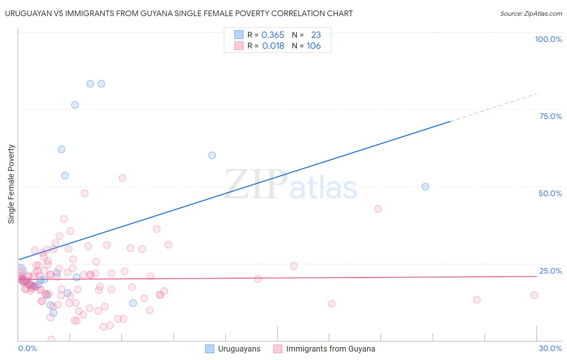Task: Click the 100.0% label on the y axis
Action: coord(548,39)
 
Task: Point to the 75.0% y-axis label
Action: coord(550,116)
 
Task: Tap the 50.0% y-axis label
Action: coord(550,193)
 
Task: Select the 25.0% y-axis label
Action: coord(550,271)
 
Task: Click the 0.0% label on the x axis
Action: coord(27,348)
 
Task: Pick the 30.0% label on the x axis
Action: coord(550,348)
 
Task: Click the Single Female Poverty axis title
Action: coord(11,184)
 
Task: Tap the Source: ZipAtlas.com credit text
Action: coord(531,14)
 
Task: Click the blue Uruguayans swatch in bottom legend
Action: coord(210,349)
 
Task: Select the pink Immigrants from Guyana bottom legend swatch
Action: coord(277,349)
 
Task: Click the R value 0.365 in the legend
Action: coord(273,35)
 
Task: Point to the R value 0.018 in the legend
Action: coord(273,46)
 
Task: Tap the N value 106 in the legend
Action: coord(314,46)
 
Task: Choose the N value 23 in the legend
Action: coord(316,35)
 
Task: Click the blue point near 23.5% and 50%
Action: coord(425,187)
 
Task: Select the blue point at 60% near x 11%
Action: coord(212,155)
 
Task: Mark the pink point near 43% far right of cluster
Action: coord(378,209)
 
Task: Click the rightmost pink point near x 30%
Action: coord(534,295)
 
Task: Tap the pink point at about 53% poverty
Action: coord(123,178)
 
